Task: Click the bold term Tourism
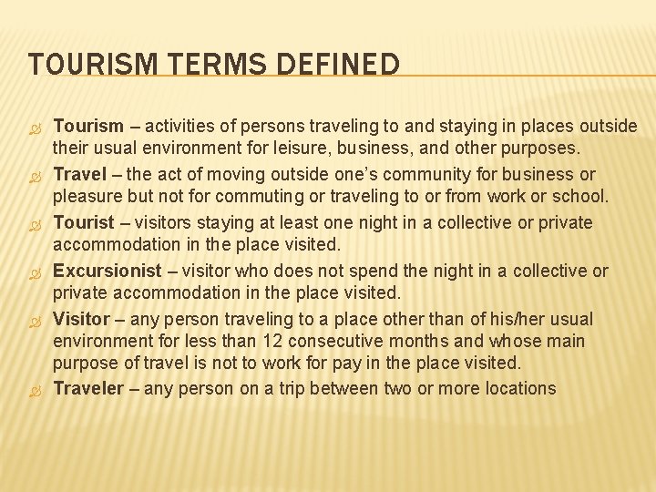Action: (x=88, y=126)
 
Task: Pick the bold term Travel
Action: (x=79, y=174)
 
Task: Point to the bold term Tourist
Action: (x=83, y=222)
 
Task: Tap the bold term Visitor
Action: (x=82, y=319)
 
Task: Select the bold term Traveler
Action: (x=87, y=388)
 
